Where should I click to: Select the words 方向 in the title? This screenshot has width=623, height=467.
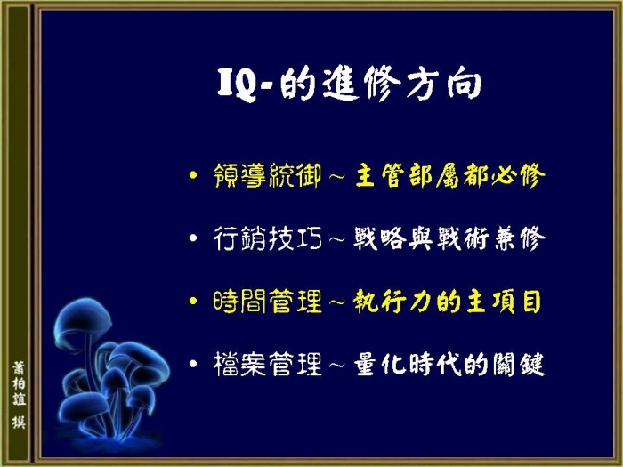click(x=444, y=85)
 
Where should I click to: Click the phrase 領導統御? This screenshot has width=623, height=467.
click(x=267, y=175)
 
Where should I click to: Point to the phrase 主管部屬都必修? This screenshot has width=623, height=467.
click(x=449, y=175)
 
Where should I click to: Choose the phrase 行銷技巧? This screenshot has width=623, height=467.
click(x=267, y=238)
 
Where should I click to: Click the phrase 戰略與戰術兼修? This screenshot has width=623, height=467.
click(x=449, y=238)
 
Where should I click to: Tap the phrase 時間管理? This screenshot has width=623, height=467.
click(x=267, y=302)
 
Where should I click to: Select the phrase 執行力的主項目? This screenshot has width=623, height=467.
click(x=448, y=302)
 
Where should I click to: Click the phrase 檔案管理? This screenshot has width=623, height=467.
click(x=267, y=364)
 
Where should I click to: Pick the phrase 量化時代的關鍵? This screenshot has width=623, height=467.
click(x=449, y=364)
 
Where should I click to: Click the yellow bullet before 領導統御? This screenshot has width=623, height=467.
click(x=193, y=174)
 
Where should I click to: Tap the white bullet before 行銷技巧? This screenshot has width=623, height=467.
click(x=193, y=238)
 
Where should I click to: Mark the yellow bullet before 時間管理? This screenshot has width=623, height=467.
click(x=193, y=301)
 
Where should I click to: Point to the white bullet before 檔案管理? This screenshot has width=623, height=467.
click(x=193, y=363)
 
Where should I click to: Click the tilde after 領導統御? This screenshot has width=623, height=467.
click(x=337, y=175)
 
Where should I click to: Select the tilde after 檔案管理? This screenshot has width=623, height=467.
click(x=337, y=365)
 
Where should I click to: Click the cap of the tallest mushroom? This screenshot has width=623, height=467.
click(x=83, y=319)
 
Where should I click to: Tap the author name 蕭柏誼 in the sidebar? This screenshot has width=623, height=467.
click(x=19, y=383)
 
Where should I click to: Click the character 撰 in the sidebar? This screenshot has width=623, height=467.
click(x=19, y=422)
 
